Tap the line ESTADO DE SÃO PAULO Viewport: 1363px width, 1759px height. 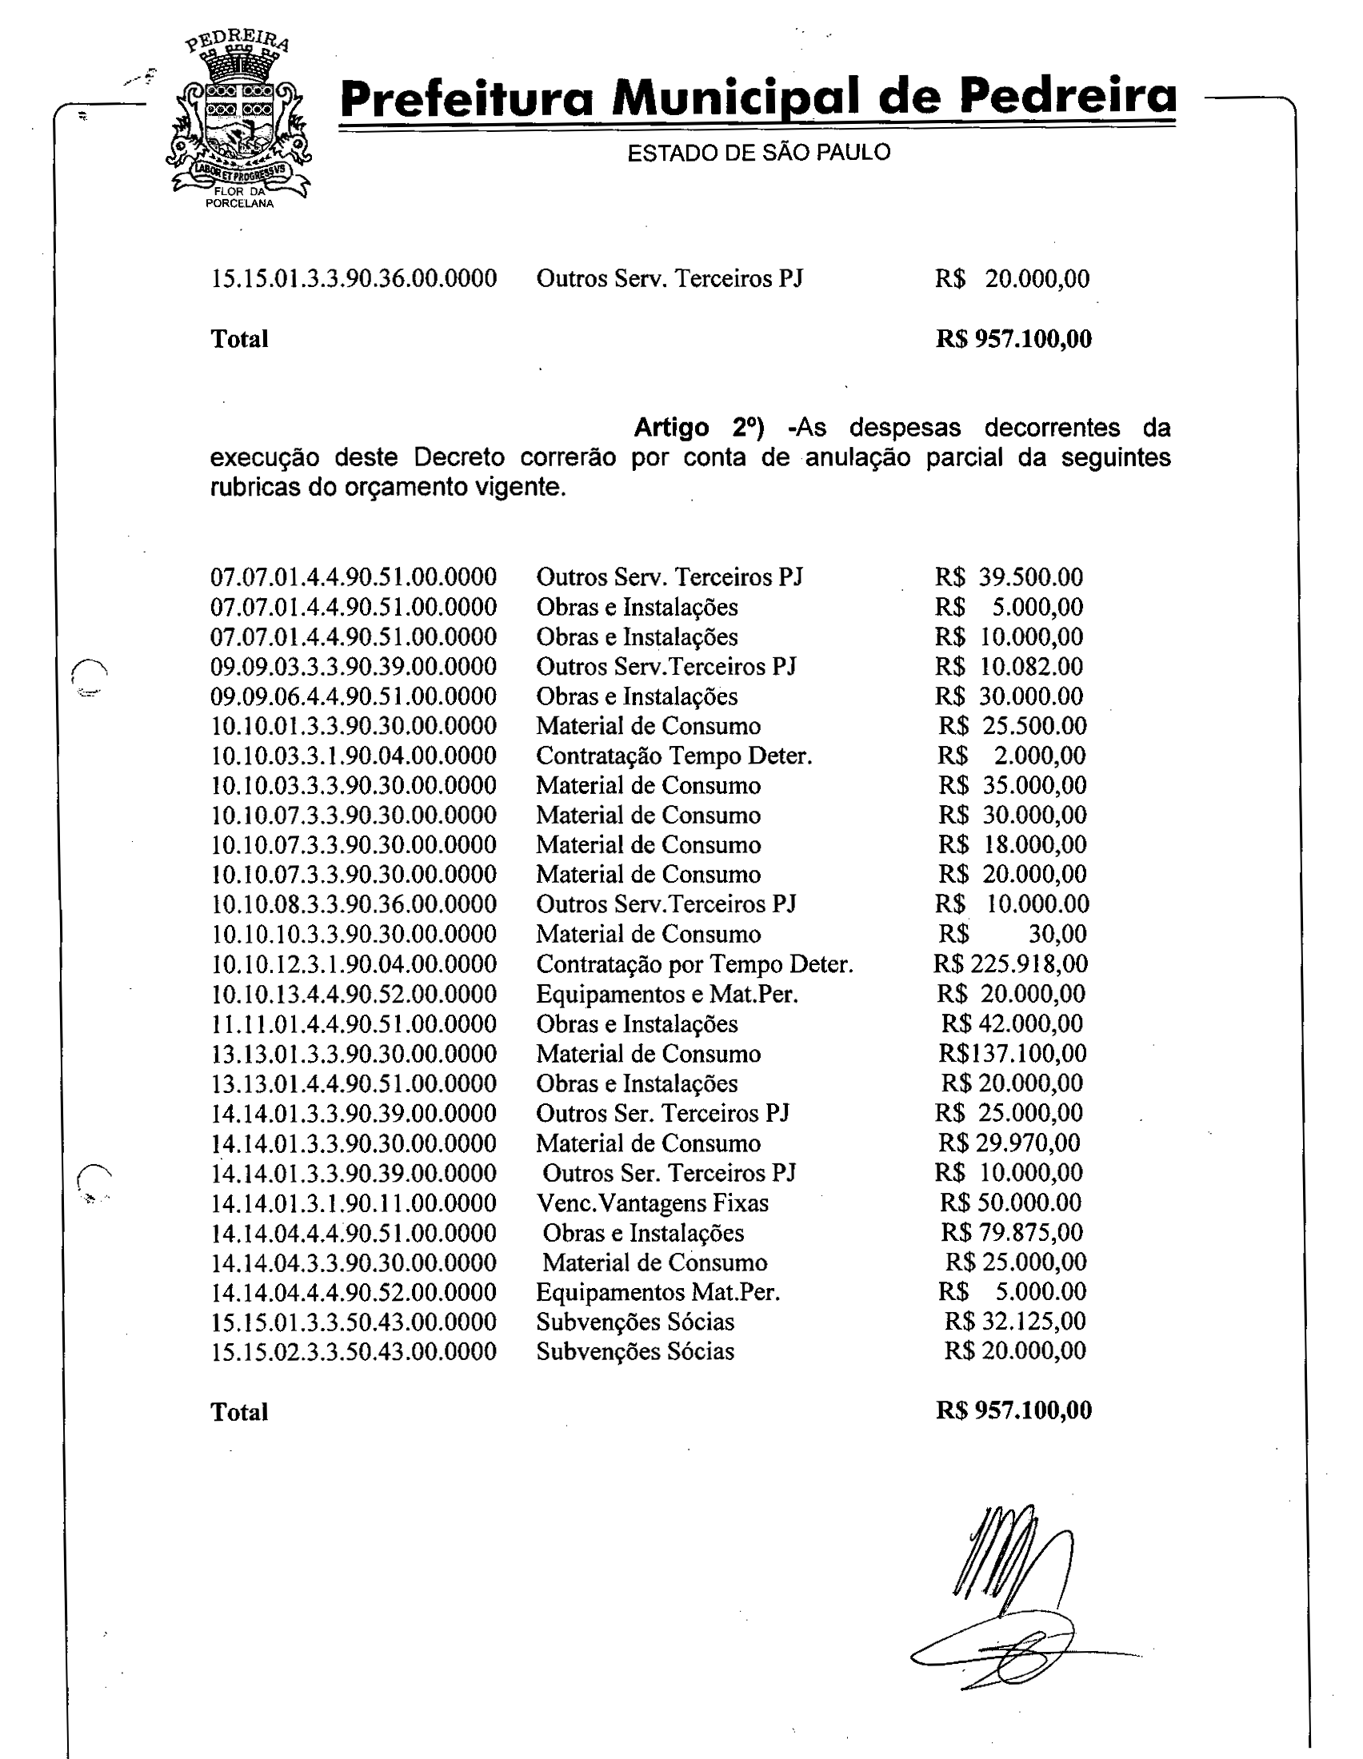(x=758, y=152)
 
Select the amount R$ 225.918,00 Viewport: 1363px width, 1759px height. (x=1010, y=963)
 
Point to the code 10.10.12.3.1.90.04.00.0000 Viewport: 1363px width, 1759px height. (x=354, y=964)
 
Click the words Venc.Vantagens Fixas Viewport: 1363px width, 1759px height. (x=653, y=1203)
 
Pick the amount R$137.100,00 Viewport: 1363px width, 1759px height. (x=1012, y=1053)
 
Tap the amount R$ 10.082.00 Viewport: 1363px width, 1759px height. (x=1009, y=666)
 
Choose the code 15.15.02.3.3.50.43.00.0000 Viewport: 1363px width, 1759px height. (x=354, y=1350)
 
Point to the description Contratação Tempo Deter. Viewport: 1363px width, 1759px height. (x=674, y=756)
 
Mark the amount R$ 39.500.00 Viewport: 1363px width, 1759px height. (x=1009, y=576)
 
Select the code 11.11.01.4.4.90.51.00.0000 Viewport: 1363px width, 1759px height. (x=354, y=1023)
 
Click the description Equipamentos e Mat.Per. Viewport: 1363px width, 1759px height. (x=667, y=994)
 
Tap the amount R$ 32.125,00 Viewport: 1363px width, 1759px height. (x=1014, y=1321)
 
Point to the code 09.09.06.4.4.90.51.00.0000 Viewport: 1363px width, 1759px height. (x=354, y=696)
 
